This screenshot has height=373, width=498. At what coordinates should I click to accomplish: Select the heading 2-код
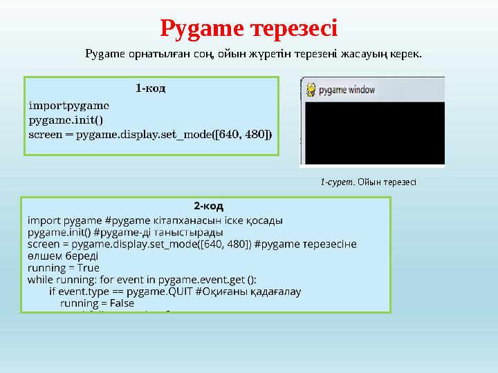[207, 206]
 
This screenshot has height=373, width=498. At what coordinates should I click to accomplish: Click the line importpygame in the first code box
[68, 106]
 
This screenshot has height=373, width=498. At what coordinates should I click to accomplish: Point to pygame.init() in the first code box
[66, 119]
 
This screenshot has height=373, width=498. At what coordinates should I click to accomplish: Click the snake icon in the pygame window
[311, 88]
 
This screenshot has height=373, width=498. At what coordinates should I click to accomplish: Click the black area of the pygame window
[373, 131]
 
